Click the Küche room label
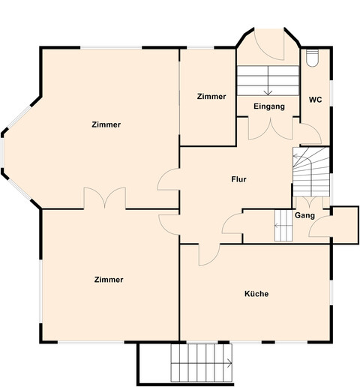pyautogui.click(x=256, y=294)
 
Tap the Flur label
pyautogui.click(x=238, y=179)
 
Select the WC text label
pyautogui.click(x=315, y=100)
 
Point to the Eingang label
pyautogui.click(x=268, y=106)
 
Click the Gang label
pyautogui.click(x=304, y=216)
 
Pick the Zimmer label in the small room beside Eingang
pyautogui.click(x=211, y=97)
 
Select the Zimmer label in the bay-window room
pyautogui.click(x=106, y=124)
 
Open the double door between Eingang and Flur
pyautogui.click(x=268, y=128)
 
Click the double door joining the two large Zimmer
pyautogui.click(x=105, y=199)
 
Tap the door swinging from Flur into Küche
pyautogui.click(x=208, y=253)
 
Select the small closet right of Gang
pyautogui.click(x=344, y=224)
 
